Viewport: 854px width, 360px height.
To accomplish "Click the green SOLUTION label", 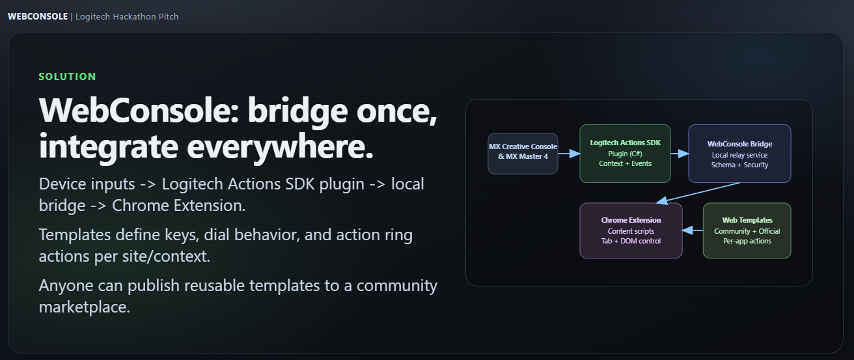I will pyautogui.click(x=67, y=77).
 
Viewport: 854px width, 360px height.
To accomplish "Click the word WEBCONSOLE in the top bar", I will pyautogui.click(x=37, y=16).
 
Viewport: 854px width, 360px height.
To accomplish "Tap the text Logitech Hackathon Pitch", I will pyautogui.click(x=127, y=16).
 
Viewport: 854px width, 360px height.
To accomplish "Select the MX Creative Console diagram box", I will pyautogui.click(x=523, y=154).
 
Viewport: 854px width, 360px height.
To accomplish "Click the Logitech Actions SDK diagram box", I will pyautogui.click(x=625, y=154).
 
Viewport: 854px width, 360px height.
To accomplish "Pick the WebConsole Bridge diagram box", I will pyautogui.click(x=739, y=154).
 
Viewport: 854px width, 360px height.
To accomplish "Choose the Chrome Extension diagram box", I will pyautogui.click(x=631, y=230).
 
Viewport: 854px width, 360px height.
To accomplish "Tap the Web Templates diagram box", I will pyautogui.click(x=747, y=230).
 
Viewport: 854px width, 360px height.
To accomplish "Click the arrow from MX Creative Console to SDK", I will pyautogui.click(x=569, y=154).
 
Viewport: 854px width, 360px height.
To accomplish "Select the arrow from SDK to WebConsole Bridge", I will pyautogui.click(x=680, y=154).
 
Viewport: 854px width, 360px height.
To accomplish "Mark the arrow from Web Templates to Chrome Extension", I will pyautogui.click(x=693, y=230).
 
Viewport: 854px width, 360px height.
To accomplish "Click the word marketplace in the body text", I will pyautogui.click(x=85, y=307).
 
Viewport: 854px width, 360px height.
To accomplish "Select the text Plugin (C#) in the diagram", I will pyautogui.click(x=625, y=154).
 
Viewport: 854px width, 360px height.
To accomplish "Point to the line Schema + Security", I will pyautogui.click(x=739, y=165).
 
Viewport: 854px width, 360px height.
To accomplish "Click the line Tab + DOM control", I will pyautogui.click(x=631, y=241).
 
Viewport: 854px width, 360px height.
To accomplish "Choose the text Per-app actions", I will pyautogui.click(x=747, y=241).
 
